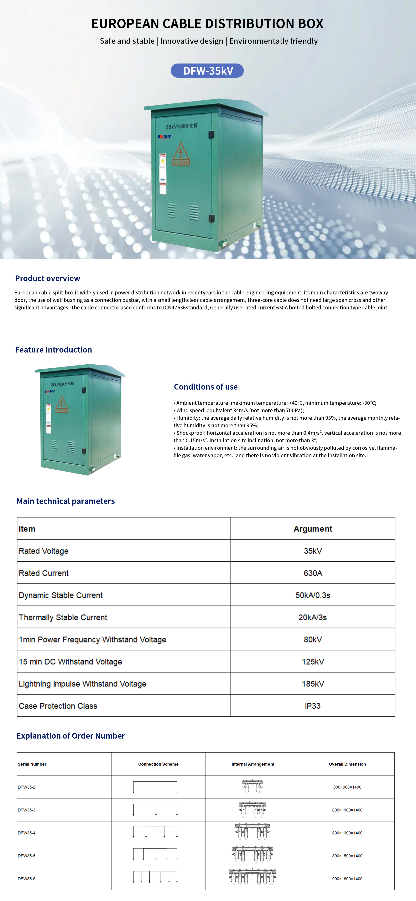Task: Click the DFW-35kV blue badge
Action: (207, 71)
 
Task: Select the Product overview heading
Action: (47, 278)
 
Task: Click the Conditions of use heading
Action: (206, 387)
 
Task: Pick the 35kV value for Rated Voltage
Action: (313, 551)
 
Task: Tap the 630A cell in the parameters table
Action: (313, 573)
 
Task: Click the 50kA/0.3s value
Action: (313, 595)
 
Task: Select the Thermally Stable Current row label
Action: (63, 617)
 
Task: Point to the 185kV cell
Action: (313, 684)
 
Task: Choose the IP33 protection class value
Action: (313, 706)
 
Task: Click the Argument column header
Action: (313, 529)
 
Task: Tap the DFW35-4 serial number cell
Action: (27, 833)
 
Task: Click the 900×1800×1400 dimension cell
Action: (347, 879)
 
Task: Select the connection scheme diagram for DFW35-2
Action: (155, 787)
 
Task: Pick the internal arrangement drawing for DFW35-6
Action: (253, 877)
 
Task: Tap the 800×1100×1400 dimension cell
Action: (347, 810)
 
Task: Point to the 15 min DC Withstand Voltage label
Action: (70, 662)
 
